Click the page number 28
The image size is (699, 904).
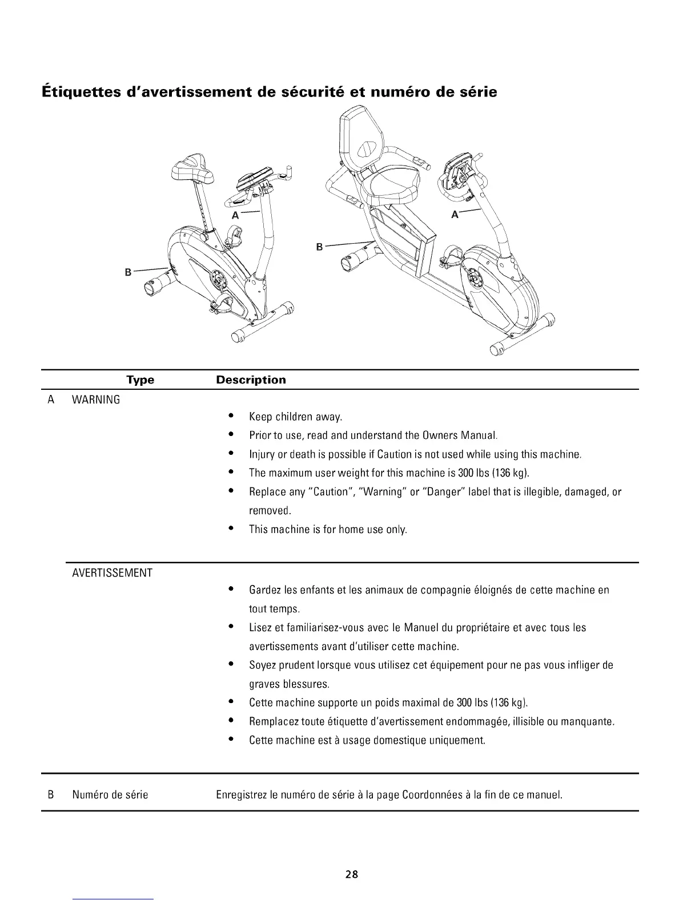click(x=351, y=874)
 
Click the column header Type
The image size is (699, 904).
click(x=140, y=380)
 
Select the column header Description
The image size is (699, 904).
click(x=251, y=380)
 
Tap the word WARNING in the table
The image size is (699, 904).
click(x=96, y=399)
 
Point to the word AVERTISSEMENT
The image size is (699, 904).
click(x=112, y=572)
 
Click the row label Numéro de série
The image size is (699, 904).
click(x=110, y=794)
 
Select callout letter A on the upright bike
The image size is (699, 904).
click(x=235, y=215)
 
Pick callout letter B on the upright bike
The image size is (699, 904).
click(x=128, y=272)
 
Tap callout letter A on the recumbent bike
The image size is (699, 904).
click(x=455, y=215)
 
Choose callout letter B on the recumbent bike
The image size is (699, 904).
click(x=320, y=247)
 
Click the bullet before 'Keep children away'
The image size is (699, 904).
click(x=230, y=416)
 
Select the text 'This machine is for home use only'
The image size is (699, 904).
click(x=328, y=529)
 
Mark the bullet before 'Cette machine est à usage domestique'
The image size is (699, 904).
click(x=230, y=740)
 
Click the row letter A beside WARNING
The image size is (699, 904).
click(x=51, y=399)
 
